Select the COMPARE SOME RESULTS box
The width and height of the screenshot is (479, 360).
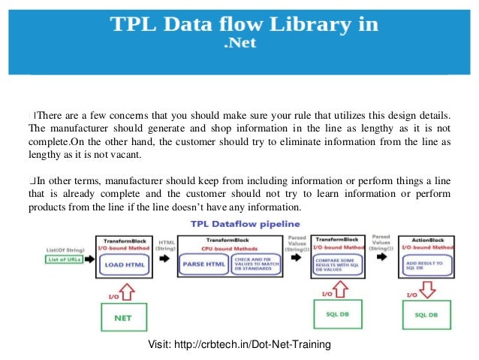click(337, 264)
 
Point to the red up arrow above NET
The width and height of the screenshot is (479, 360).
click(124, 290)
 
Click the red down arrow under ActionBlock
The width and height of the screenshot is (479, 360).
click(424, 290)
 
